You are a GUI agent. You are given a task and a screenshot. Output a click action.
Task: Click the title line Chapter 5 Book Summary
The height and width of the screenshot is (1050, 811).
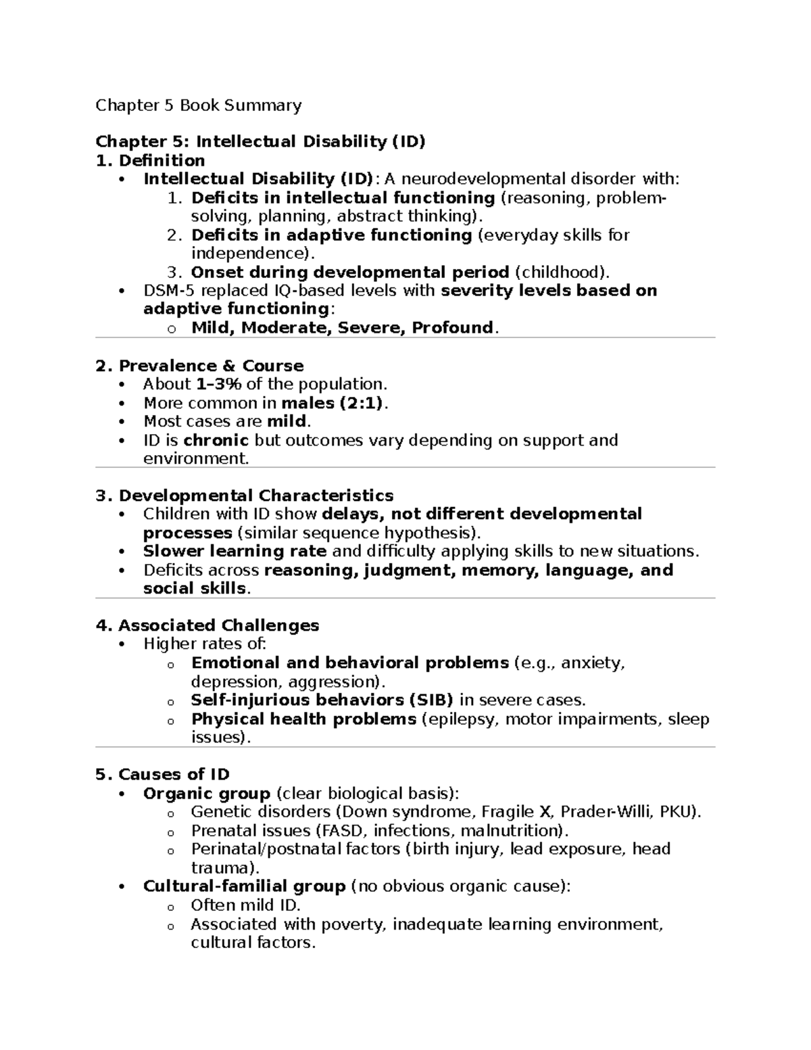(x=198, y=105)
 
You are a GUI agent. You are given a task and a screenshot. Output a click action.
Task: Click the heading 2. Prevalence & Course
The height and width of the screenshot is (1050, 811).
(x=199, y=366)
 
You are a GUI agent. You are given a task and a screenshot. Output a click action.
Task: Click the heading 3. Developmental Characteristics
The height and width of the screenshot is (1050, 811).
(x=245, y=496)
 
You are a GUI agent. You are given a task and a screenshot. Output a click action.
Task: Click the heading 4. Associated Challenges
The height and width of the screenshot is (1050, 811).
(x=207, y=625)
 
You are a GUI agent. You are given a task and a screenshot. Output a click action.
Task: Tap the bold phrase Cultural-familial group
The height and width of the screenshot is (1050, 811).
(x=244, y=886)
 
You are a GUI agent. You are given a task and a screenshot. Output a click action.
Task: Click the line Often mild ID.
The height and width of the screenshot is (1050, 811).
(x=245, y=905)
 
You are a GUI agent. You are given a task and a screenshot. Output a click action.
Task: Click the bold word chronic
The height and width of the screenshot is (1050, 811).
(x=216, y=440)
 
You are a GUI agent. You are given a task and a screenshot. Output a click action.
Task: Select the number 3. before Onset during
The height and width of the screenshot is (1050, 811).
(x=174, y=272)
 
